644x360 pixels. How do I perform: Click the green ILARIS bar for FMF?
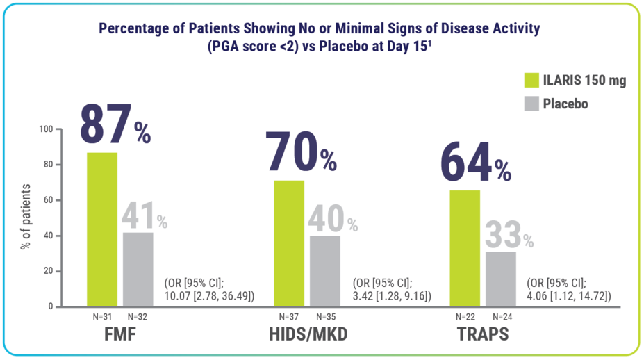102,229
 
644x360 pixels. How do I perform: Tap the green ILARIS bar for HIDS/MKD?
289,243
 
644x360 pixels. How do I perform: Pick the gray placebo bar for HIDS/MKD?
325,271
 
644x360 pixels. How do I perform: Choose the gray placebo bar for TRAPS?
500,279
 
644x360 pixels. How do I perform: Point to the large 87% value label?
115,126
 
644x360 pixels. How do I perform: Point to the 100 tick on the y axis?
46,129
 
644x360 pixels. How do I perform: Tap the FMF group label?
120,334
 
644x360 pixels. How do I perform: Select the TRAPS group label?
482,334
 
